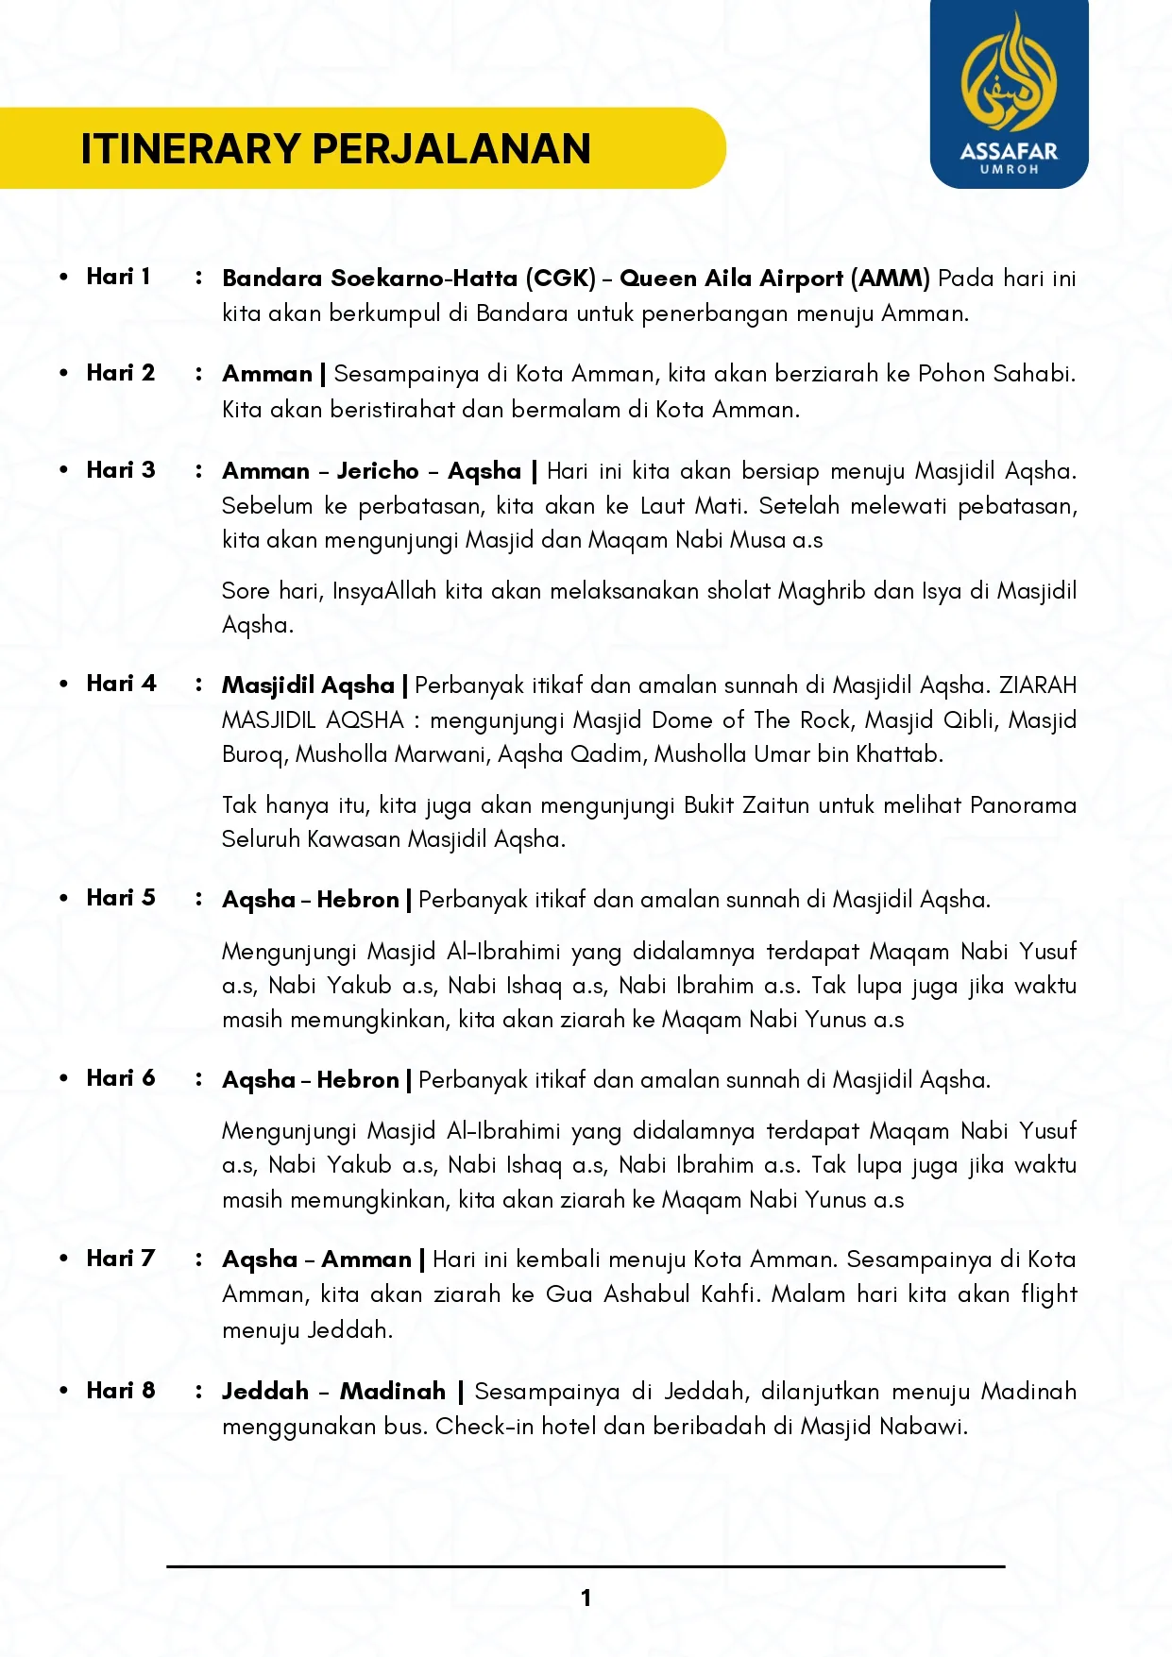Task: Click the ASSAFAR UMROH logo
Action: point(1009,94)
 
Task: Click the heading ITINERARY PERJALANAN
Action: point(335,149)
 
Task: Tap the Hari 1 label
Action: point(118,277)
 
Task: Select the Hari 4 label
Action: point(121,684)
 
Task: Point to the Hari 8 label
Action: point(121,1390)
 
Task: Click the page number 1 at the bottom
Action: point(586,1598)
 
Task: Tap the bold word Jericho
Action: point(378,471)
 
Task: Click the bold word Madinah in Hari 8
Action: point(393,1392)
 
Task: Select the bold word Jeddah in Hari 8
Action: point(265,1392)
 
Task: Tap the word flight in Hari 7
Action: point(1048,1294)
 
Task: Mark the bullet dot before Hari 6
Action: point(63,1078)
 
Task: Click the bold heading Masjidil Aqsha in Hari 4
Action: point(308,685)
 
